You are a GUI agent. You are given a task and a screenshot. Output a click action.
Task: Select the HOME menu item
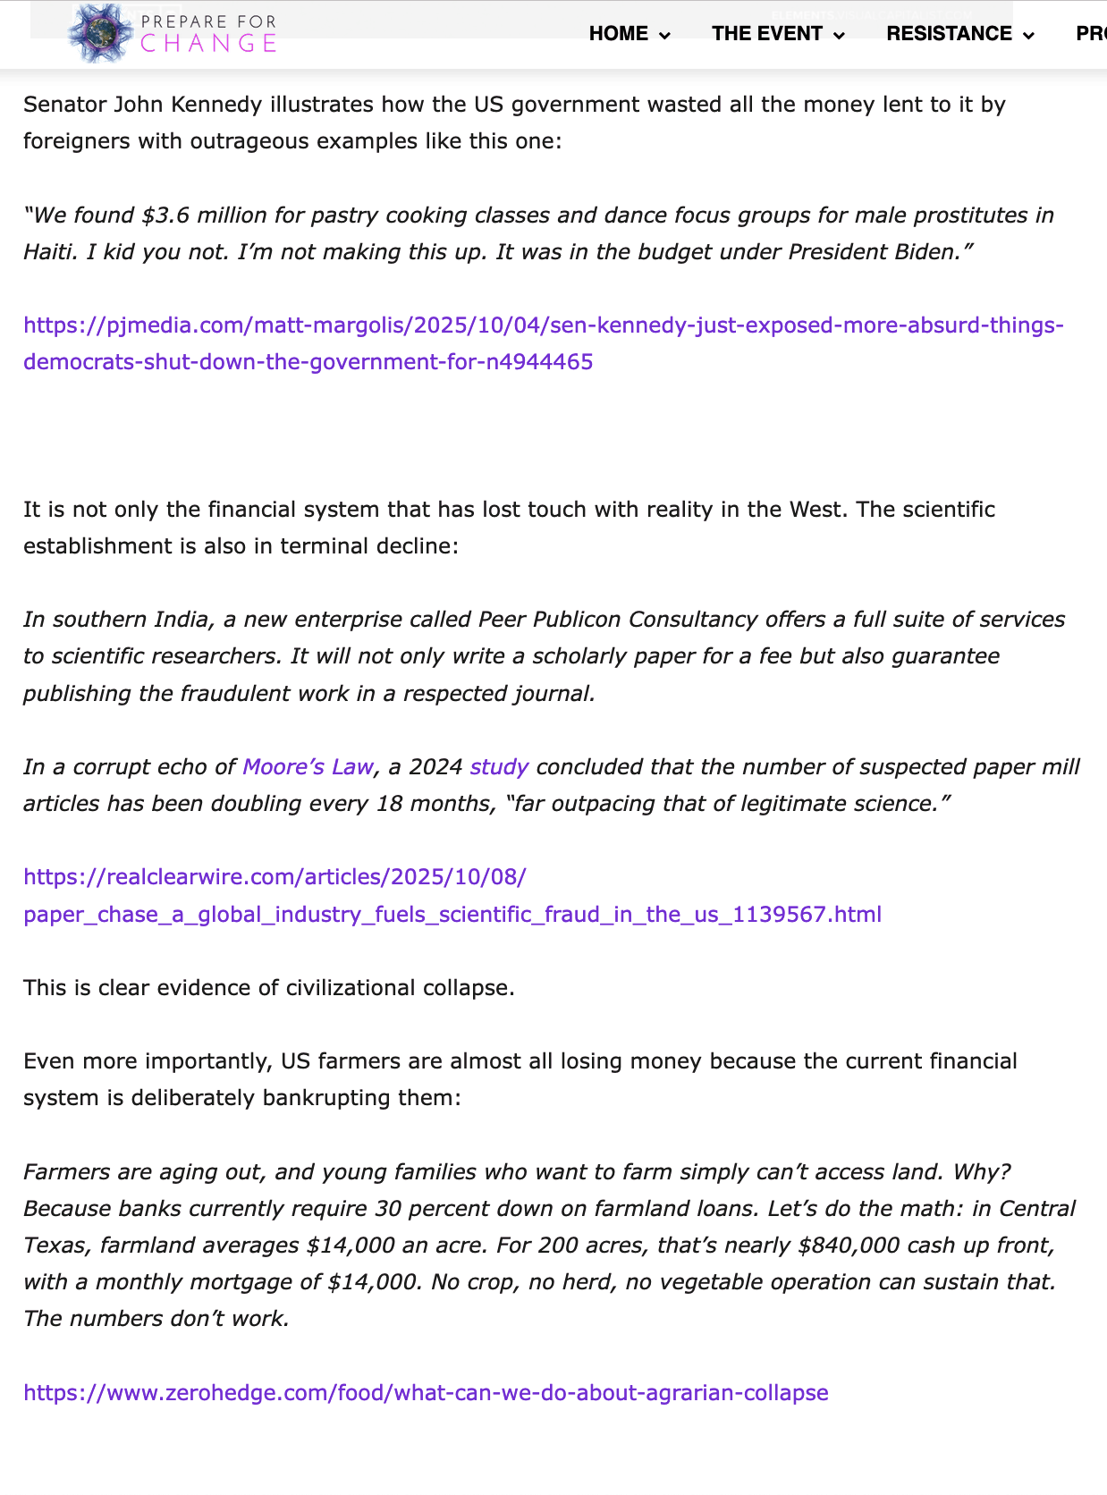tap(619, 34)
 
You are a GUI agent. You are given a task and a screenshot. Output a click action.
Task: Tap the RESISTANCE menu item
tap(949, 34)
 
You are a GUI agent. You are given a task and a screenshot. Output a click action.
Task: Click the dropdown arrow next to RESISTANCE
tap(1029, 36)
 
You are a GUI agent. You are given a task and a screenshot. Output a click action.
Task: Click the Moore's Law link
tap(308, 767)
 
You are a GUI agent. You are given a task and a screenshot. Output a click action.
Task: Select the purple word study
tap(499, 767)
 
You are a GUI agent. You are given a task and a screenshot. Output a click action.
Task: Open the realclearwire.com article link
tap(452, 895)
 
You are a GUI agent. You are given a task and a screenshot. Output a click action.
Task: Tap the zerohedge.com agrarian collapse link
tap(426, 1393)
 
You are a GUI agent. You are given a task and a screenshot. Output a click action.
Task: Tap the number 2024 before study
tap(435, 767)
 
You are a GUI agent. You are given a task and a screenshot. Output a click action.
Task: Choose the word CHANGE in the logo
tap(208, 44)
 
